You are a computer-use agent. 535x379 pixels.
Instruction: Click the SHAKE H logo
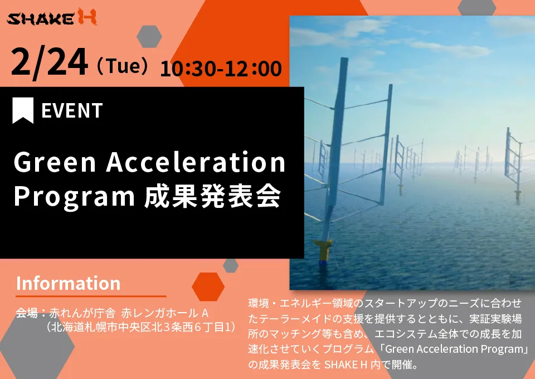pyautogui.click(x=52, y=17)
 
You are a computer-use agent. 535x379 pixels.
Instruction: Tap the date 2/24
pyautogui.click(x=49, y=62)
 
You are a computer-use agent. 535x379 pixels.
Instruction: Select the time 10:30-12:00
pyautogui.click(x=221, y=69)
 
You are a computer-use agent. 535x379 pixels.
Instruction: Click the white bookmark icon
pyautogui.click(x=23, y=110)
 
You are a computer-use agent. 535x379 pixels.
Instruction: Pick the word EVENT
pyautogui.click(x=72, y=110)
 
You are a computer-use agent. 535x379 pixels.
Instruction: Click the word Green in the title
pyautogui.click(x=55, y=162)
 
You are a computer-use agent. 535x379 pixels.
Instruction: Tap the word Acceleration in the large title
pyautogui.click(x=196, y=162)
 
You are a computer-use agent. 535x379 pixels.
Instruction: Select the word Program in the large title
pyautogui.click(x=74, y=197)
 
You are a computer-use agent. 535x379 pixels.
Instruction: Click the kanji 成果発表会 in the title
pyautogui.click(x=212, y=196)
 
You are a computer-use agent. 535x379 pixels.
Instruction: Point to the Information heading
pyautogui.click(x=68, y=283)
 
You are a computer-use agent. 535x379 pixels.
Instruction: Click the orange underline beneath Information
pyautogui.click(x=91, y=297)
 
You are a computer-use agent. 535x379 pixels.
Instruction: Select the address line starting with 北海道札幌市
pyautogui.click(x=140, y=327)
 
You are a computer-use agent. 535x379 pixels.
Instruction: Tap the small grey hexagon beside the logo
pyautogui.click(x=149, y=36)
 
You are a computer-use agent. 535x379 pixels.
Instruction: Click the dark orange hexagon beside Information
pyautogui.click(x=208, y=286)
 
